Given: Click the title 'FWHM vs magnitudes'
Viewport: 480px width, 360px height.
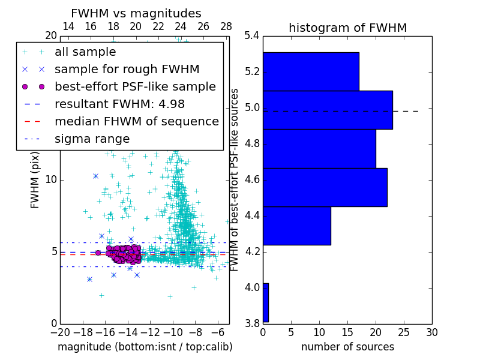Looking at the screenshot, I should click(x=136, y=13).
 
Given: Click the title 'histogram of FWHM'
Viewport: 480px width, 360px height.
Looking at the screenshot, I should click(x=347, y=28).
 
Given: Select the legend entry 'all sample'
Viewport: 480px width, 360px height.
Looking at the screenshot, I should click(x=85, y=52).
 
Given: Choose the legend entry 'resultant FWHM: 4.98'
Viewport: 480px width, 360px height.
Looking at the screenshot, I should click(x=119, y=104).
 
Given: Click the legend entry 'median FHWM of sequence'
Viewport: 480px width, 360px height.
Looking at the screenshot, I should click(x=136, y=121).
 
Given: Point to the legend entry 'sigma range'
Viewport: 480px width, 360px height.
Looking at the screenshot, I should click(x=92, y=139).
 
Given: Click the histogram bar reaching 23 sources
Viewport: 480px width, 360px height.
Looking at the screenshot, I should click(x=328, y=110).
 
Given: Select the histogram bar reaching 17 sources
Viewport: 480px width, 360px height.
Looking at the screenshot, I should click(x=311, y=71).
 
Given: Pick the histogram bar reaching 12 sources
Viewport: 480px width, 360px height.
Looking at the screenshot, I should click(x=296, y=226).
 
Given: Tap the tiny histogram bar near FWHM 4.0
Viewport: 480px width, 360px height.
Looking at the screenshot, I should click(x=265, y=302).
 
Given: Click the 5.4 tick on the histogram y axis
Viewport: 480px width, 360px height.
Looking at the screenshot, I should click(x=252, y=36).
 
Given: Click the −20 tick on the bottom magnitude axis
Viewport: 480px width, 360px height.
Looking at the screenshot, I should click(x=60, y=331).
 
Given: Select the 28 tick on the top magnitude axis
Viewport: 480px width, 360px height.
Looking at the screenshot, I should click(x=226, y=26).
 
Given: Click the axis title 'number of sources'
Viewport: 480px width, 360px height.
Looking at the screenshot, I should click(x=347, y=347).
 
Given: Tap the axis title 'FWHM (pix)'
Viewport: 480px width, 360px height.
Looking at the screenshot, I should click(x=35, y=179).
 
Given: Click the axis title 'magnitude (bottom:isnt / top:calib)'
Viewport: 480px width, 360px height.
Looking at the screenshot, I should click(x=145, y=347).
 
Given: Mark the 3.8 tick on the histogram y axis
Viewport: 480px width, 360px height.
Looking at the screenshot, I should click(x=252, y=323).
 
